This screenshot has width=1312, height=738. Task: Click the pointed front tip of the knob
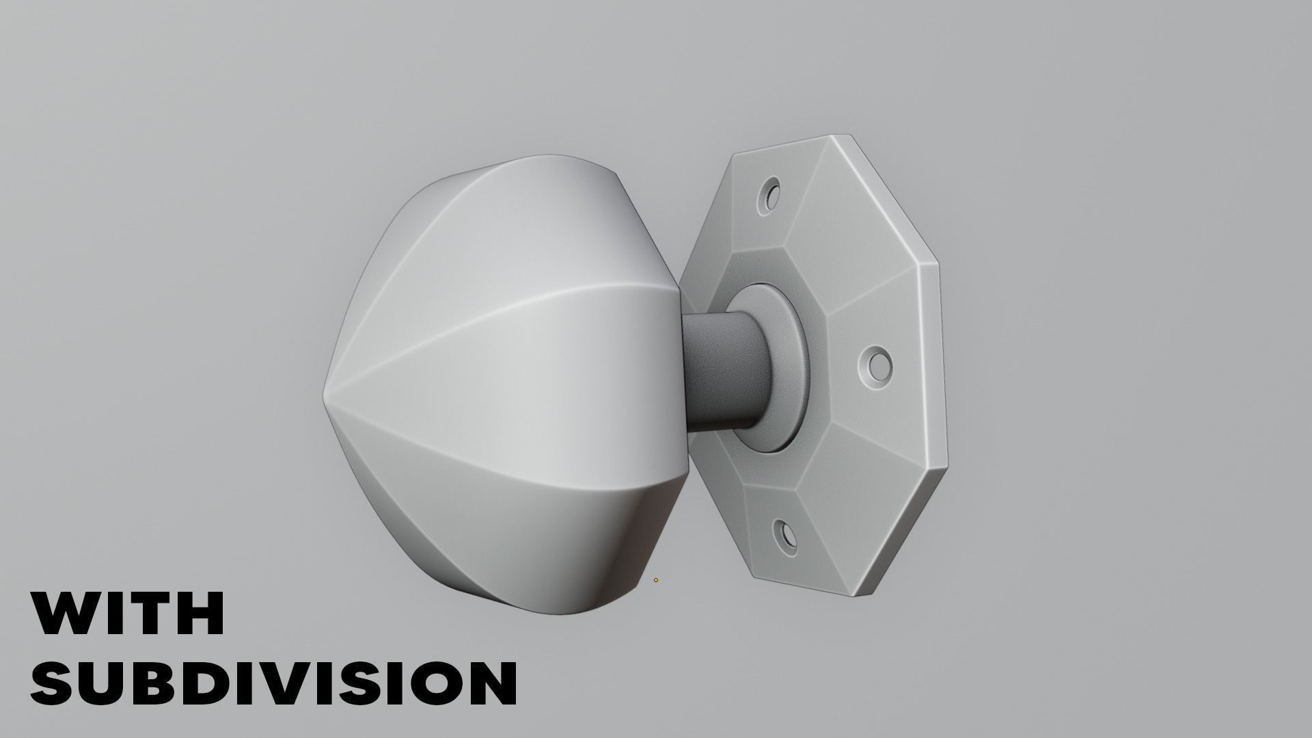pyautogui.click(x=327, y=395)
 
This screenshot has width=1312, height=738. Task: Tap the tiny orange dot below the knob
pyautogui.click(x=656, y=580)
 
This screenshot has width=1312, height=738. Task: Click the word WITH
pyautogui.click(x=128, y=614)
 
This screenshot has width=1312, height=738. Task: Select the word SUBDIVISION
pyautogui.click(x=273, y=682)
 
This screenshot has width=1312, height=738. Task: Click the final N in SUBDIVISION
pyautogui.click(x=487, y=682)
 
